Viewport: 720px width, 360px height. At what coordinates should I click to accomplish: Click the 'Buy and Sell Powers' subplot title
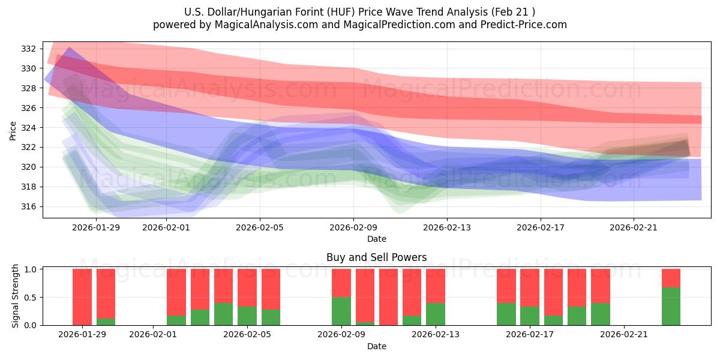(376, 257)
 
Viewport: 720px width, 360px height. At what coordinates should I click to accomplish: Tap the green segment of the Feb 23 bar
(671, 306)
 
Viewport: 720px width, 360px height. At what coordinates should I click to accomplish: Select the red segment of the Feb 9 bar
(341, 283)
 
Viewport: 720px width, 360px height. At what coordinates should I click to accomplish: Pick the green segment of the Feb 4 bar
(223, 314)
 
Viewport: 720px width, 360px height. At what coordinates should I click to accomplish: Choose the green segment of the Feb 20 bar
(600, 314)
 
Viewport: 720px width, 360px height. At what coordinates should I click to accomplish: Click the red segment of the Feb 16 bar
(506, 286)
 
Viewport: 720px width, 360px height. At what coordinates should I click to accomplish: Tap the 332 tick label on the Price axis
(29, 49)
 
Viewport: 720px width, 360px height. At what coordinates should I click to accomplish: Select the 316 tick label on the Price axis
(29, 206)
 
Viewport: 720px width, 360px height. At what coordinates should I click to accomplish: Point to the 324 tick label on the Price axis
(29, 127)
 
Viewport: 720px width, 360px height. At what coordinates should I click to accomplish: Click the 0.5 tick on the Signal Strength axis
(29, 297)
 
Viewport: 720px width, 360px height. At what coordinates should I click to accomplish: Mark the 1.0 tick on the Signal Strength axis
(29, 269)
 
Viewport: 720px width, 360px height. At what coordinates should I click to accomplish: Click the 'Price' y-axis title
(13, 130)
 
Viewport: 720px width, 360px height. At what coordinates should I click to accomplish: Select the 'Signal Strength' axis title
(16, 296)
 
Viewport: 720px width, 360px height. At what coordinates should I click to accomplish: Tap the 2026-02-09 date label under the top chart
(353, 227)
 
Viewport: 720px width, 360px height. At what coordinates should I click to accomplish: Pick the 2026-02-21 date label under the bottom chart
(624, 334)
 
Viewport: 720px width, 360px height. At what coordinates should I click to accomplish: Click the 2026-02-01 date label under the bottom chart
(153, 334)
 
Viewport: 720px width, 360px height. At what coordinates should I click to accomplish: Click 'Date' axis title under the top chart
(376, 239)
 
